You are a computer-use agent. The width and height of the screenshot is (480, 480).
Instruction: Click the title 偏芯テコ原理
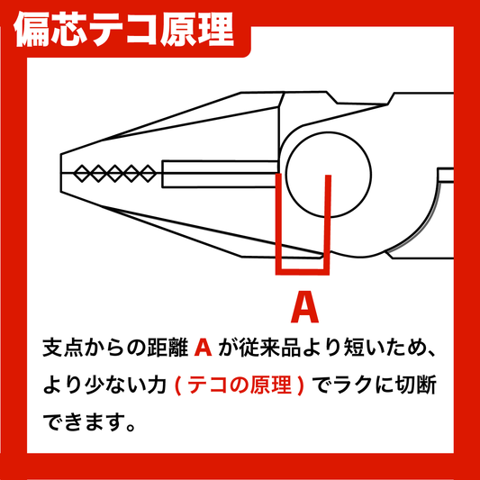123,30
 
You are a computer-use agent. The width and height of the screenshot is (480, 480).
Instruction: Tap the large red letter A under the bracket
304,307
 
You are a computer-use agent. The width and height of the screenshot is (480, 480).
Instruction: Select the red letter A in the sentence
203,348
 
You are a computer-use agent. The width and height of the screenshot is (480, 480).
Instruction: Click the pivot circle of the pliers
329,175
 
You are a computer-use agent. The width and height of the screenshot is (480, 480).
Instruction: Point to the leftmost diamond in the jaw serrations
82,174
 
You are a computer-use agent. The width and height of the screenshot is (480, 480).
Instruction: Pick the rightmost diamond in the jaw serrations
149,174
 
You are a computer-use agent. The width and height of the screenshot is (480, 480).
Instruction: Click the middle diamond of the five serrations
114,174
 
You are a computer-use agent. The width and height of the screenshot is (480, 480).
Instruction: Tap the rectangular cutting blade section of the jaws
220,174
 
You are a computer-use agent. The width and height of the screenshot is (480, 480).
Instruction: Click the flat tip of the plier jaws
61,173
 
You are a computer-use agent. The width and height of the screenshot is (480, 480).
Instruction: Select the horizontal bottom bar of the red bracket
303,272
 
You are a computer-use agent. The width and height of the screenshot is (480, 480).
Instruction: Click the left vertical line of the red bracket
278,224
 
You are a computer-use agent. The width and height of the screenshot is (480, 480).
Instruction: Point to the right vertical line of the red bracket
327,225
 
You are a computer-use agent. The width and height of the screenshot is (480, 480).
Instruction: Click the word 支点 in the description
63,348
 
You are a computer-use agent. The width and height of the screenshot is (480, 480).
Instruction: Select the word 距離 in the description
168,348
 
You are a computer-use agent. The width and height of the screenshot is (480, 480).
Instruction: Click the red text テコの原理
240,385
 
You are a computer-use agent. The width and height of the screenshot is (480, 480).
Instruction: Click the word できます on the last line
85,422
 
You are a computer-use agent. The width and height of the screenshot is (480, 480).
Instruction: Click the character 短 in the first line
354,348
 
